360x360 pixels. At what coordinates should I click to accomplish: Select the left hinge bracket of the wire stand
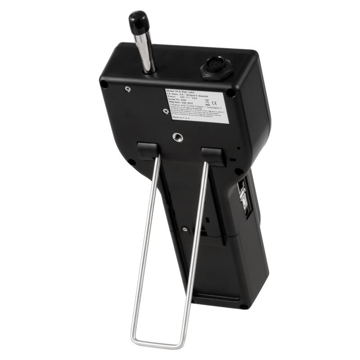147,151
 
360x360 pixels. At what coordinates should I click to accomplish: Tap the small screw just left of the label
166,111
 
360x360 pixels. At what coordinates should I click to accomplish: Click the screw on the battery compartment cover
184,229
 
